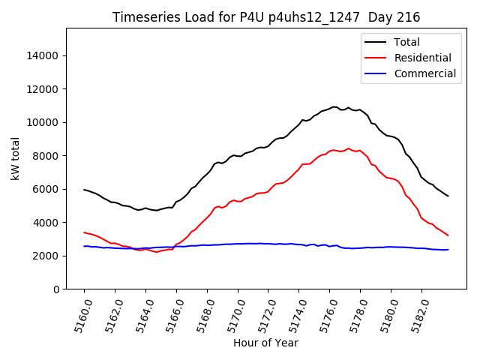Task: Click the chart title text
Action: [266, 17]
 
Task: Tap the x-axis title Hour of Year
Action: [265, 343]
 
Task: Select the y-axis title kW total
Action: [15, 158]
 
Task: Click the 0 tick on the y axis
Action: [56, 289]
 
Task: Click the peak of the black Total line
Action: [334, 106]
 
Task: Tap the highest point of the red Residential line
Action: [348, 148]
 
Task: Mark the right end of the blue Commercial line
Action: [448, 250]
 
